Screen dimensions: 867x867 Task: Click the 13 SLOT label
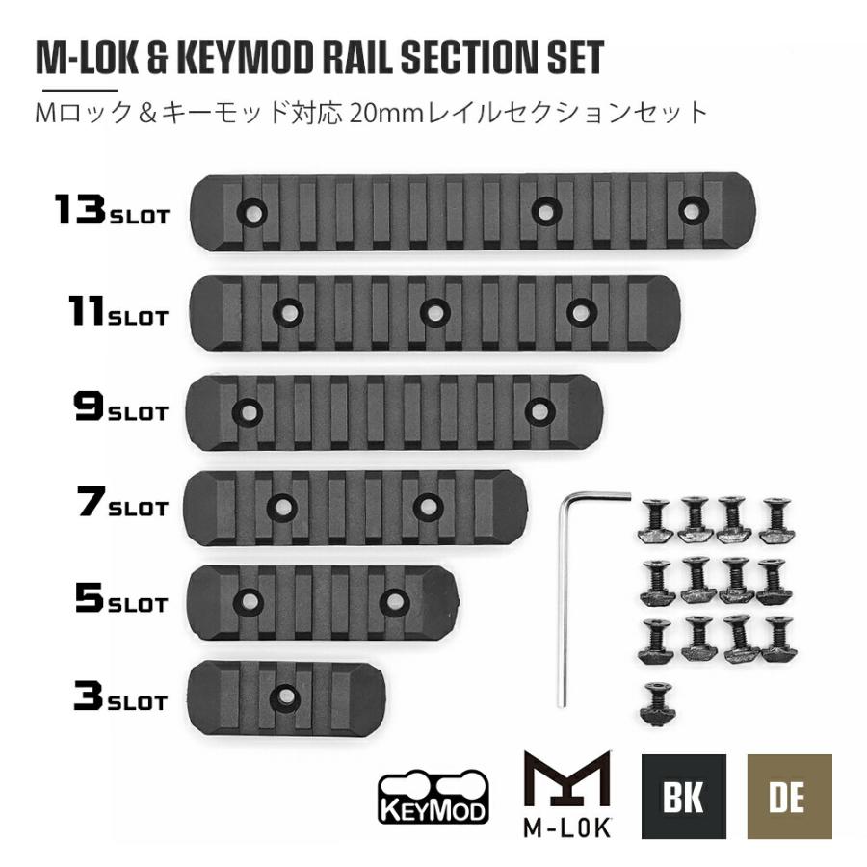(x=111, y=210)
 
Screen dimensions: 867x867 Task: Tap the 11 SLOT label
(x=118, y=311)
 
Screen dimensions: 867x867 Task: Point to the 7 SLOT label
(x=122, y=502)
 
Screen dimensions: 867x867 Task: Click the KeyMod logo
(x=433, y=797)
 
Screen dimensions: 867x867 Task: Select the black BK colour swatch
(x=683, y=797)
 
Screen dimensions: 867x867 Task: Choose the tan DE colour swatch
(x=789, y=797)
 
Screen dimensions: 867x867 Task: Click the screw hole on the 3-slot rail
(x=286, y=696)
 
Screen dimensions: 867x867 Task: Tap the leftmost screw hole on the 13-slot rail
(x=252, y=212)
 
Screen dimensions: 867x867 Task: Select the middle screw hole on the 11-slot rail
(x=435, y=312)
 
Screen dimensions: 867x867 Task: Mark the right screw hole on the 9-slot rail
(x=539, y=410)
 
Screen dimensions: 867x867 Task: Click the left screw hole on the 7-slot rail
(x=282, y=506)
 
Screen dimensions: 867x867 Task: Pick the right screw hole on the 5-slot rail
(x=394, y=601)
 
